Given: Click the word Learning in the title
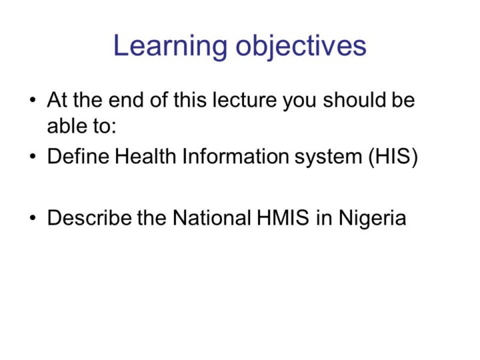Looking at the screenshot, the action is click(x=171, y=46).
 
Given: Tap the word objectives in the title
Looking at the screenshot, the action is click(x=301, y=46).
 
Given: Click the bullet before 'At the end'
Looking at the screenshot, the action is click(x=33, y=100).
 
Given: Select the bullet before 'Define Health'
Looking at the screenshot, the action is click(x=33, y=157).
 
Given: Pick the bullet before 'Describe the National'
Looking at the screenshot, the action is click(x=33, y=217).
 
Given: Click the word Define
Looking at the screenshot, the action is click(x=78, y=156).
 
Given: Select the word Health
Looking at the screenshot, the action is click(x=145, y=156).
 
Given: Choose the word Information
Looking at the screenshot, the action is click(x=235, y=156).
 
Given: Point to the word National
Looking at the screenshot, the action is click(x=212, y=217).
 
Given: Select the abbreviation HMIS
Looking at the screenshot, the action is click(x=283, y=217).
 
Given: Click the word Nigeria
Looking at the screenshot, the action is click(x=372, y=219).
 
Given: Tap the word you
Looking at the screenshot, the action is click(x=300, y=101).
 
